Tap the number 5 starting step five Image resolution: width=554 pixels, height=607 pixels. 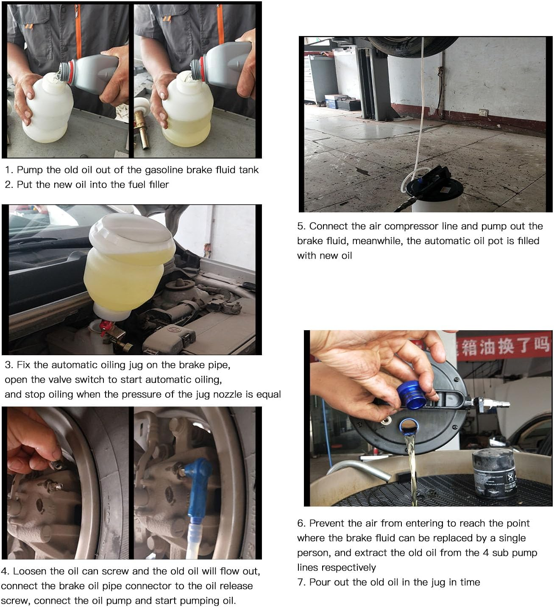(300, 226)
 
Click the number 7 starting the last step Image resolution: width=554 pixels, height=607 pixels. (300, 582)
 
